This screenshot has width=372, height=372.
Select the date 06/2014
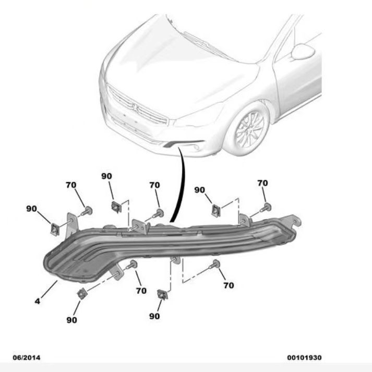(26, 357)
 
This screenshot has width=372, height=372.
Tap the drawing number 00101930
(304, 357)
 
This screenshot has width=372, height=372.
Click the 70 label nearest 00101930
(228, 285)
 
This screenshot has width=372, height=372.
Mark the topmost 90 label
(106, 177)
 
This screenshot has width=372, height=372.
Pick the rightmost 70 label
(262, 183)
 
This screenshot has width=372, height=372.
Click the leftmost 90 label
(32, 209)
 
